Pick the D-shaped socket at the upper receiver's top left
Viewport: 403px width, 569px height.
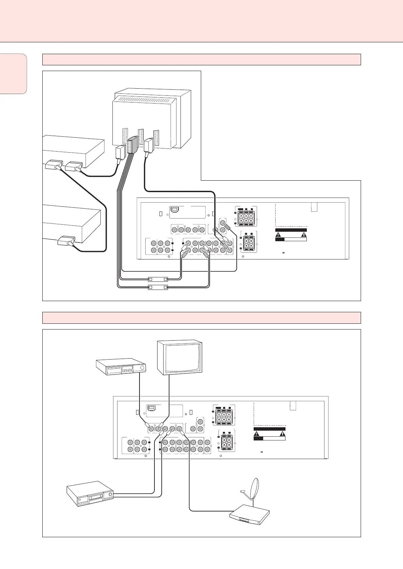[x=175, y=210]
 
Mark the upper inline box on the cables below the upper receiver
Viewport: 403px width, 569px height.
[x=158, y=279]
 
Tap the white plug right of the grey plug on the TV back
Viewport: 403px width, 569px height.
[x=148, y=145]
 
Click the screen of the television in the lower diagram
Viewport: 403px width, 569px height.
[x=180, y=358]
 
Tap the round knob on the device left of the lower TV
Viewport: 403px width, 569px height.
[x=142, y=368]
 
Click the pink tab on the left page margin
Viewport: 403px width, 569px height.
[x=13, y=73]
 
